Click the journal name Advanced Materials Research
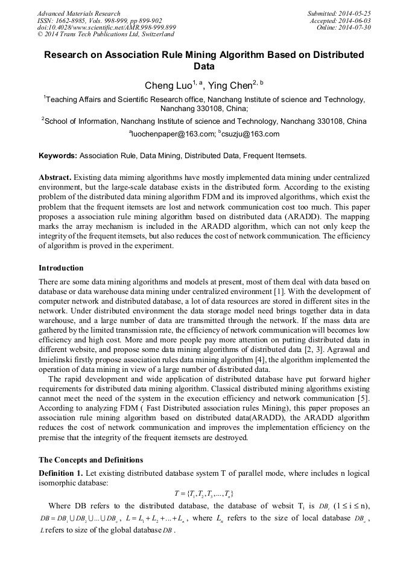78,13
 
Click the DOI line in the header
106,28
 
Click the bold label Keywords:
58,156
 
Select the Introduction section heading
61,267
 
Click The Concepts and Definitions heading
90,459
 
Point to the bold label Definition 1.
60,472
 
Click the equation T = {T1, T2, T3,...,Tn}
204,493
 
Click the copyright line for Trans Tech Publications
97,35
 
